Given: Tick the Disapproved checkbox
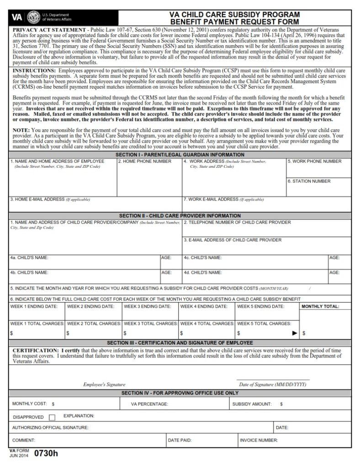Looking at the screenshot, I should pos(52,417).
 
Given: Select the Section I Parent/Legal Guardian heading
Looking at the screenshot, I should pos(180,155).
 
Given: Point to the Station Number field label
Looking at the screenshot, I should pos(309,181).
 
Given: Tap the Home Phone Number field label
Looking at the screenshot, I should pos(145,161).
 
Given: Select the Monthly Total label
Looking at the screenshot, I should pos(320,306).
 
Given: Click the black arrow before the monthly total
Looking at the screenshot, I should pos(295,333).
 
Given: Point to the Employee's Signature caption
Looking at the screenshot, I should pos(104,385).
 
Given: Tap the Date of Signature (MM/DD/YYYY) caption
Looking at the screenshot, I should pos(273,385).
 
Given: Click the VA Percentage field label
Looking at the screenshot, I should pos(149,404).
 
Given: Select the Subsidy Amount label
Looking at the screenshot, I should pos(252,404).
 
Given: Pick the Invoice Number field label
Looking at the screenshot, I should pos(259,440).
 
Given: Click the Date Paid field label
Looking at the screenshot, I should pos(180,440).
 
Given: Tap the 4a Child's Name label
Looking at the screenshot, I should pos(29,258).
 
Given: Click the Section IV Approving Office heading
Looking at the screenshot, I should pos(180,393).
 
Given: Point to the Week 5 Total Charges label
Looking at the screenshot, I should pos(264,324).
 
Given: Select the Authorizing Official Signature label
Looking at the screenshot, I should pos(50,428).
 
